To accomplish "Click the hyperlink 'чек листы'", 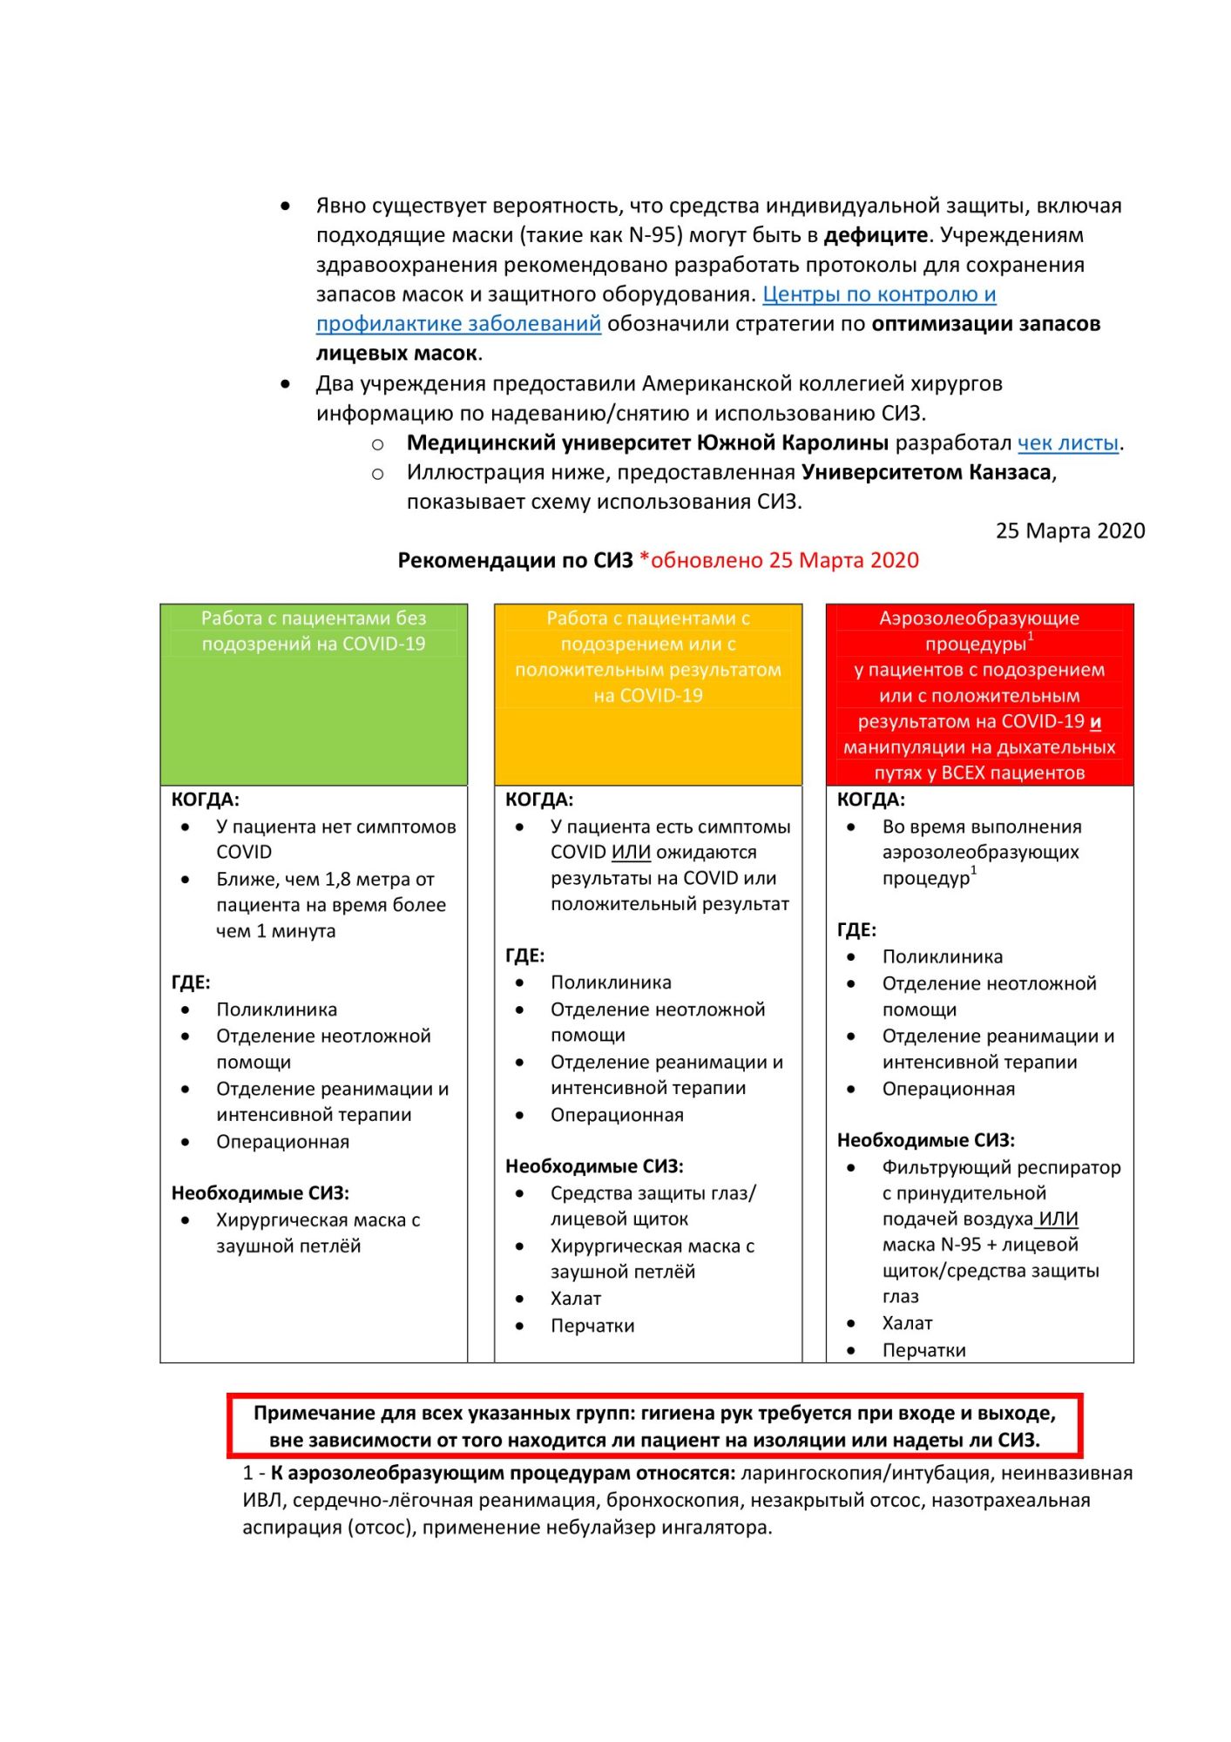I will [x=1067, y=443].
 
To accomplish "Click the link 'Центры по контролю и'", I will [x=879, y=294].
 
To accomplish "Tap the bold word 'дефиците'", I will [x=875, y=235].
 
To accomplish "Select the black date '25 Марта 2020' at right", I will [x=1070, y=530].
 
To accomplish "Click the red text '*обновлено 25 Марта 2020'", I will [x=779, y=560].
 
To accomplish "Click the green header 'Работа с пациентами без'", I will [x=314, y=618].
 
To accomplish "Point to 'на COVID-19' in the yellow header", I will [x=647, y=695].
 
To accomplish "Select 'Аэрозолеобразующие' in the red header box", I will [x=979, y=618].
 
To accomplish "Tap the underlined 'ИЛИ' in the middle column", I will [x=631, y=852].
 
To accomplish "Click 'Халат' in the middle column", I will [x=576, y=1298].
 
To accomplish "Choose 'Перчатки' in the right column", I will [x=923, y=1350].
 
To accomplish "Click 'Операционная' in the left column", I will [x=282, y=1141].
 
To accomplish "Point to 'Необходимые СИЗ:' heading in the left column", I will [x=260, y=1192].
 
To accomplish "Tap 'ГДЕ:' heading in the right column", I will [x=856, y=929].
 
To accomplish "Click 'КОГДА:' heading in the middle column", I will [x=538, y=800].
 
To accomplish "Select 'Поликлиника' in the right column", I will [x=942, y=956].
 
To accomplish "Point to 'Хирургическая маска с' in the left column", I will [x=318, y=1219].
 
